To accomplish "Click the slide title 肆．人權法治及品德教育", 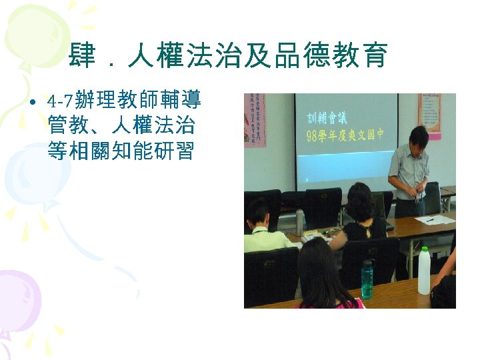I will click(x=227, y=57).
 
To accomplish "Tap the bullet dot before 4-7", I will click(x=32, y=103).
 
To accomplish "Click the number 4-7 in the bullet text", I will click(x=61, y=102).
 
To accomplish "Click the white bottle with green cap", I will click(x=423, y=271).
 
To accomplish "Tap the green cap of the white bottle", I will click(x=423, y=250).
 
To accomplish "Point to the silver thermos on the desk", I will click(x=299, y=221).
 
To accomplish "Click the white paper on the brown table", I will click(x=433, y=219).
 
